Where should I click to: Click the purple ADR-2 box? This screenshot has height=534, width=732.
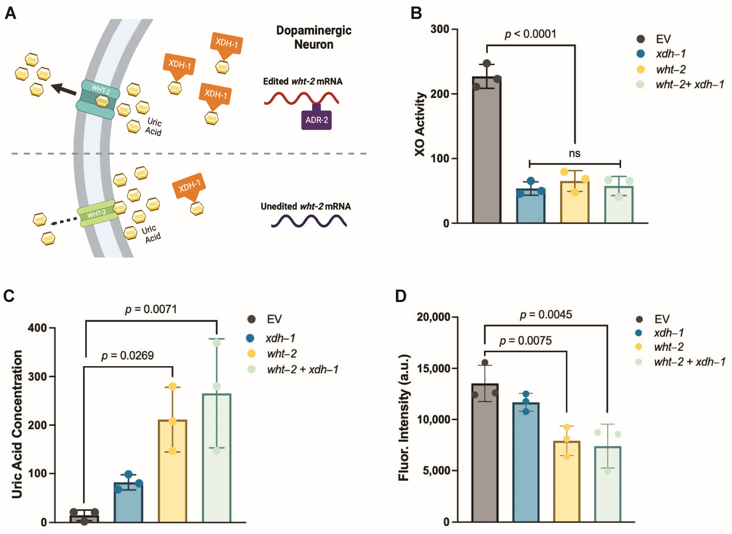click(x=316, y=120)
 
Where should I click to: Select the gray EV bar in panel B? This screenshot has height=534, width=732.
click(x=486, y=152)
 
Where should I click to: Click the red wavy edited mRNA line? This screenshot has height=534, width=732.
click(x=301, y=98)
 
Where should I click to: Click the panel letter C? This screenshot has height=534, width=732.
click(x=9, y=296)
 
